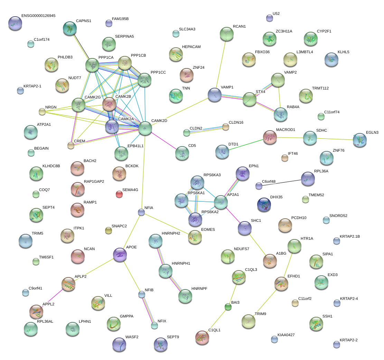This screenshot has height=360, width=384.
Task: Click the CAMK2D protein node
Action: pyautogui.click(x=145, y=129)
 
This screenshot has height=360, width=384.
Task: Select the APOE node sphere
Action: pyautogui.click(x=120, y=255)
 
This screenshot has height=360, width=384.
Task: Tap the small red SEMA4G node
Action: pyautogui.click(x=119, y=194)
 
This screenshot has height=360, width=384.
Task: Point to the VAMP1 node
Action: pyautogui.click(x=215, y=95)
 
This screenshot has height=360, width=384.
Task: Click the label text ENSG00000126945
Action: pyautogui.click(x=38, y=16)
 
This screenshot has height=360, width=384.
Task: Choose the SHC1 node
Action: pyautogui.click(x=245, y=228)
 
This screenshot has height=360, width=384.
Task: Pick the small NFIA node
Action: pyautogui.click(x=141, y=212)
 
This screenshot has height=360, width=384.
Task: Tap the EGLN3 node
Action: pyautogui.click(x=360, y=140)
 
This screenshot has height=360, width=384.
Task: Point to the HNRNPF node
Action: pyautogui.click(x=185, y=296)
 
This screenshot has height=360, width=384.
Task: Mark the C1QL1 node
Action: pyautogui.click(x=202, y=338)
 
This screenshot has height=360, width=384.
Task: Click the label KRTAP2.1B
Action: pyautogui.click(x=350, y=237)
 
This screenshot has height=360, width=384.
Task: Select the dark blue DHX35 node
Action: pyautogui.click(x=264, y=205)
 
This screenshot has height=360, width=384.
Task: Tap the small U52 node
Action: pyautogui.click(x=269, y=18)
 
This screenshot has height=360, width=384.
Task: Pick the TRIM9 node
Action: pyautogui.click(x=249, y=321)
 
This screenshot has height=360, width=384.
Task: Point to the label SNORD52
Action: pyautogui.click(x=338, y=216)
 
